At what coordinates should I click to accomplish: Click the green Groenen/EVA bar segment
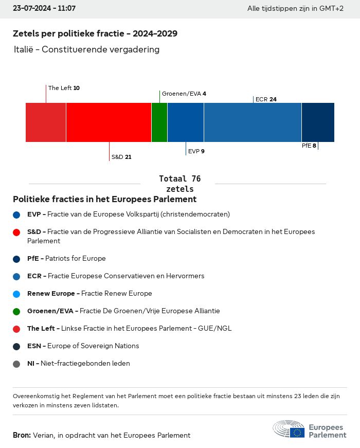click(x=159, y=122)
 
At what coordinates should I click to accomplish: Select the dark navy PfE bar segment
click(x=318, y=122)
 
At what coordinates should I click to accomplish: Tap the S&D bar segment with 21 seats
click(x=109, y=122)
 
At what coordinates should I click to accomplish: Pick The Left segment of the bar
click(x=46, y=122)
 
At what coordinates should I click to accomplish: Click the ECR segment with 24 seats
click(x=253, y=122)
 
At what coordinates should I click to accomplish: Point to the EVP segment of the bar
click(x=186, y=122)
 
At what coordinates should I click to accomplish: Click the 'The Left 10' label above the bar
click(x=64, y=88)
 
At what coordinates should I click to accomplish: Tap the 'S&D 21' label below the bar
click(x=121, y=157)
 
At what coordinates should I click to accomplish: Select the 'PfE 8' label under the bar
click(x=309, y=146)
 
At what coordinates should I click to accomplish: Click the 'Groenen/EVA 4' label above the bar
click(x=184, y=94)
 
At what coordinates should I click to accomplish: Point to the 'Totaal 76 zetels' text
click(x=180, y=184)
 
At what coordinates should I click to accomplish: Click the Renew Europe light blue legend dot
click(x=16, y=294)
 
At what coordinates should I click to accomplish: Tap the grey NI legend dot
click(x=16, y=364)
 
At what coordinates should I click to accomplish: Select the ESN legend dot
click(x=16, y=347)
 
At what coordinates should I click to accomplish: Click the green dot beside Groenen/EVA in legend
click(x=16, y=311)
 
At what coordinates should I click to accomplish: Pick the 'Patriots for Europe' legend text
click(x=76, y=258)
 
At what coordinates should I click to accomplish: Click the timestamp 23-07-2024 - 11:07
click(x=44, y=8)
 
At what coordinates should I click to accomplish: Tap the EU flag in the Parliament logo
click(x=297, y=433)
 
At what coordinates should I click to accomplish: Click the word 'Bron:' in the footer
click(x=22, y=435)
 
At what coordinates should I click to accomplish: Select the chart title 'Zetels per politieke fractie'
click(x=68, y=34)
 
